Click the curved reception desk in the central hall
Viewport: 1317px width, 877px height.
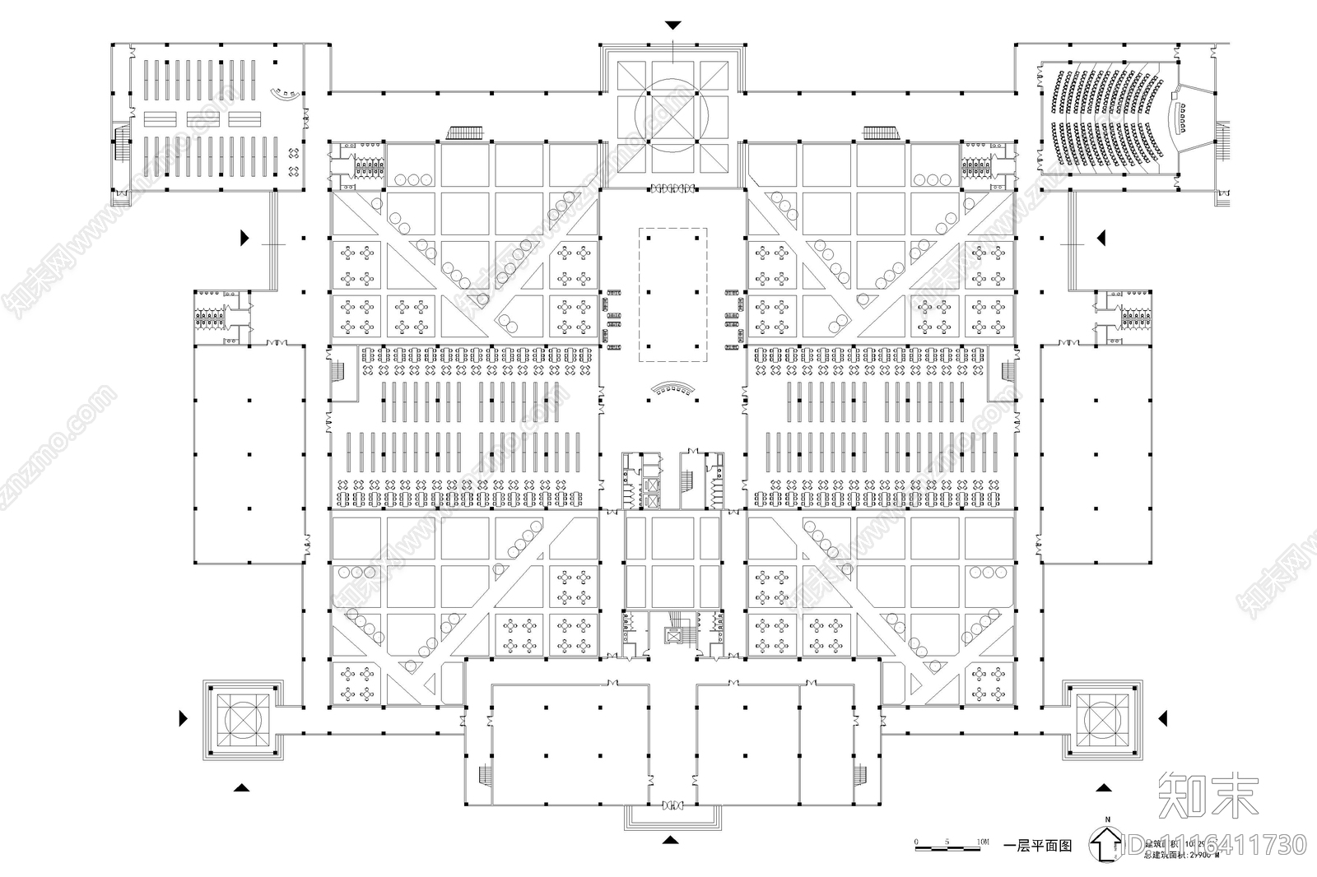[672, 387]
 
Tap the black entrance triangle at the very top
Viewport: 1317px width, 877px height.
[673, 25]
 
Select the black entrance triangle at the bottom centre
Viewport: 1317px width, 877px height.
[671, 840]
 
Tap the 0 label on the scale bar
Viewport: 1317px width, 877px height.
[917, 842]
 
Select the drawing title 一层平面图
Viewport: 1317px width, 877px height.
[1039, 846]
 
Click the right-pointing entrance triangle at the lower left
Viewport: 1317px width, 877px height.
[184, 719]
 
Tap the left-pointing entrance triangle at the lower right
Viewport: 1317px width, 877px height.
[1162, 719]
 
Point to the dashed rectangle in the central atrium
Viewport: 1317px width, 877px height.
[673, 295]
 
